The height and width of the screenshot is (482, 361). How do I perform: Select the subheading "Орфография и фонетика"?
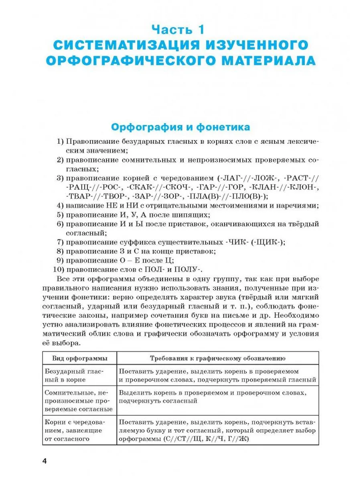pyautogui.click(x=180, y=127)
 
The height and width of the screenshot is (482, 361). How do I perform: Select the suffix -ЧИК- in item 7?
pyautogui.click(x=236, y=242)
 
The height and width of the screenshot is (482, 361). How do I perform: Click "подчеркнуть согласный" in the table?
pyautogui.click(x=158, y=400)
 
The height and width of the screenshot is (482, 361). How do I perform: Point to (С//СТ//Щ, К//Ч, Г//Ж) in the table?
pyautogui.click(x=206, y=439)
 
